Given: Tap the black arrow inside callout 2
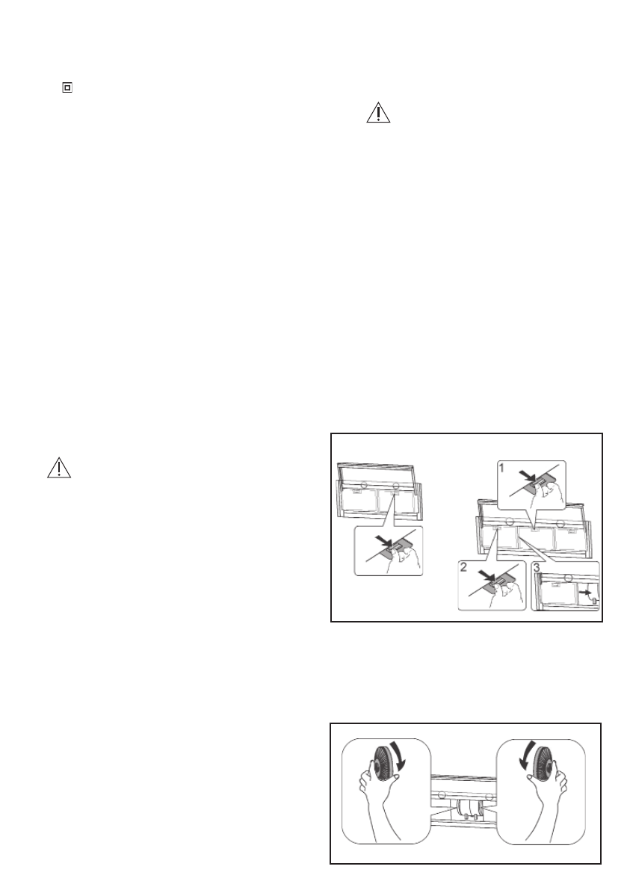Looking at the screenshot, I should point(486,575).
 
